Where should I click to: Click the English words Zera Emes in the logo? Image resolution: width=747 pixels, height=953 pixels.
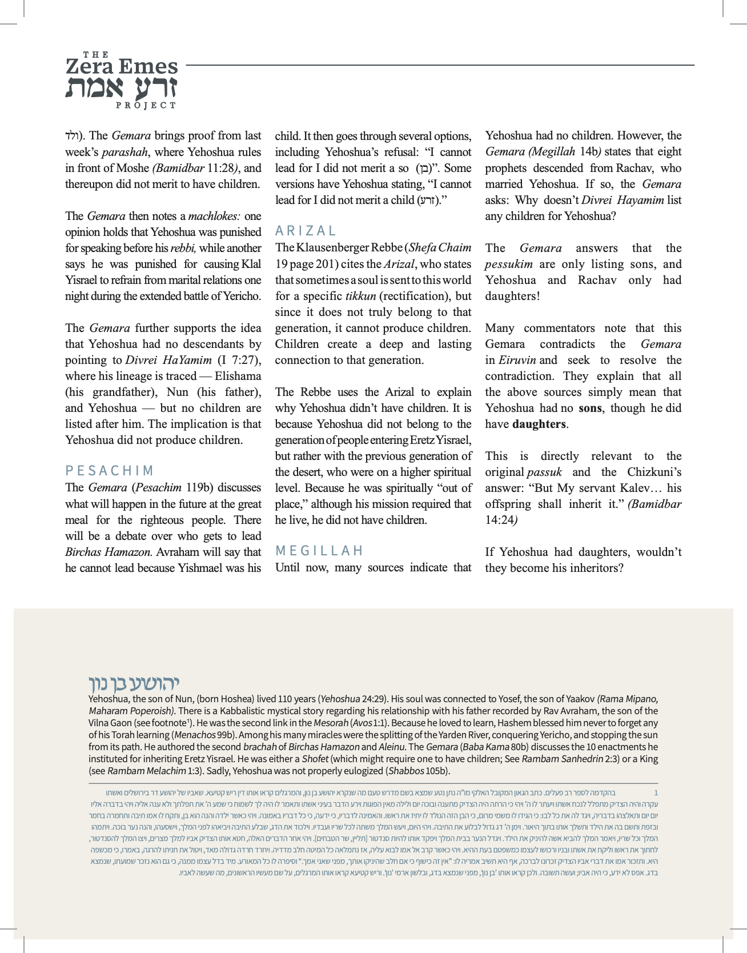tap(122, 67)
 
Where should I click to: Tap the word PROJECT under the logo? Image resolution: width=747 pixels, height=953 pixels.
tap(146, 105)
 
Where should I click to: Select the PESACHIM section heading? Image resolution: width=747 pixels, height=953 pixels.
tap(110, 471)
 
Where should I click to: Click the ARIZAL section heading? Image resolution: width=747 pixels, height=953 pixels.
tap(306, 231)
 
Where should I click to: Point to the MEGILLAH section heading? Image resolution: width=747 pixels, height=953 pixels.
tap(319, 551)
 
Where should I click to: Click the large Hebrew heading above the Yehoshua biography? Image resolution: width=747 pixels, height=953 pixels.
tap(134, 683)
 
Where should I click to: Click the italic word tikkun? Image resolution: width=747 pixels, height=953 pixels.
tap(360, 296)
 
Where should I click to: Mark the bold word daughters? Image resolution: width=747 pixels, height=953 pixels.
tap(539, 424)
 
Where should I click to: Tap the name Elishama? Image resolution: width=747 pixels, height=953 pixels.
tap(238, 376)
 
